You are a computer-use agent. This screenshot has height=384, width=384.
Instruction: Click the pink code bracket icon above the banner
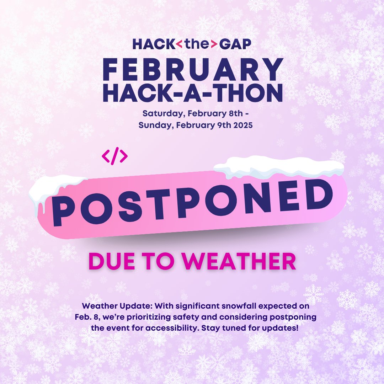114,156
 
